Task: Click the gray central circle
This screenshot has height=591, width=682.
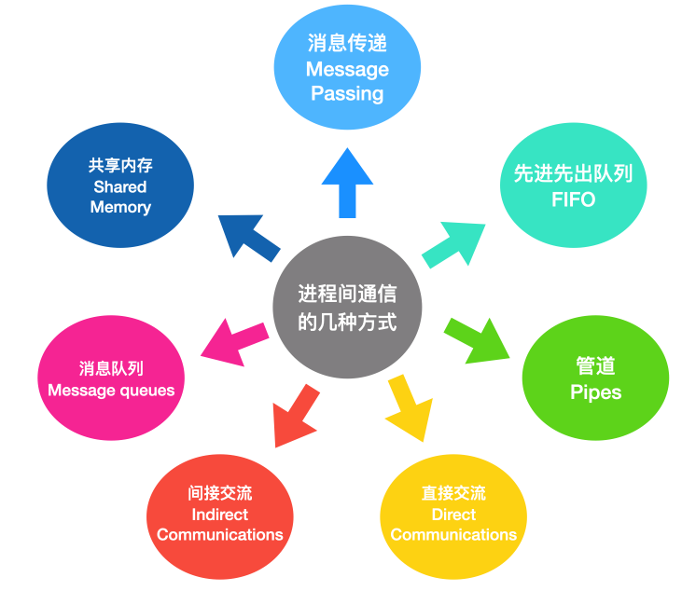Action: (x=347, y=307)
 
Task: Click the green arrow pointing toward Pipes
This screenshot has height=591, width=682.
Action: (x=478, y=340)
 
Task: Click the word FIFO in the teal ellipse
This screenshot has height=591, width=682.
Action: (x=573, y=199)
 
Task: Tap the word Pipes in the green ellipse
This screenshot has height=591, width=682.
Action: (x=595, y=392)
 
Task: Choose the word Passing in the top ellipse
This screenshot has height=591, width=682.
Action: (x=347, y=93)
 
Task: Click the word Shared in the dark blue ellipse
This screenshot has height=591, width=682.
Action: (x=120, y=186)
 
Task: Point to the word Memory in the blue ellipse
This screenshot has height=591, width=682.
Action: (x=120, y=207)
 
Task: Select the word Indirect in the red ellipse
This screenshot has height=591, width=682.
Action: (x=220, y=515)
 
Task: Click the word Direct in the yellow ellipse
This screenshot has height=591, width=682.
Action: (x=453, y=515)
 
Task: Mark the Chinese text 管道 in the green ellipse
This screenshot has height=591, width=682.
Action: (x=595, y=365)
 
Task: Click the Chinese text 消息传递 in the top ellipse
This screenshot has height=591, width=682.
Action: (x=347, y=44)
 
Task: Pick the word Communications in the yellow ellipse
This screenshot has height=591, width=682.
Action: (x=453, y=535)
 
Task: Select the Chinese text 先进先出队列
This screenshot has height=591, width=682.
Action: (x=573, y=173)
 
